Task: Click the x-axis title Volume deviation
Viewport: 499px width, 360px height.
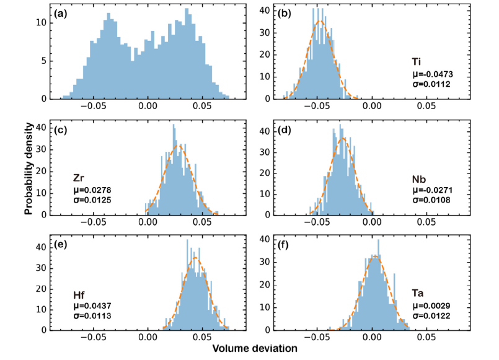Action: tap(255, 349)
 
